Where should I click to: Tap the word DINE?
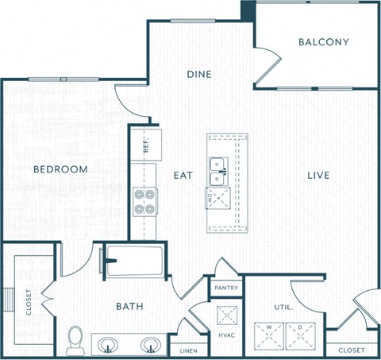pos(198,74)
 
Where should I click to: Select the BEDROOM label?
pos(60,169)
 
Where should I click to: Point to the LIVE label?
pos(317,175)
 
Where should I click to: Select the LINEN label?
pos(189,350)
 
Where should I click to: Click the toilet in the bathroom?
pos(76,339)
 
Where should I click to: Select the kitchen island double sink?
pos(218,166)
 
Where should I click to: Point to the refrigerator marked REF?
pos(147,145)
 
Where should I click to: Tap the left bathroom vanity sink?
pos(109,346)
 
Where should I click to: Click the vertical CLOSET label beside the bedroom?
pos(29,302)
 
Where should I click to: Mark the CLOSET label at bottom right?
pos(352,350)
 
